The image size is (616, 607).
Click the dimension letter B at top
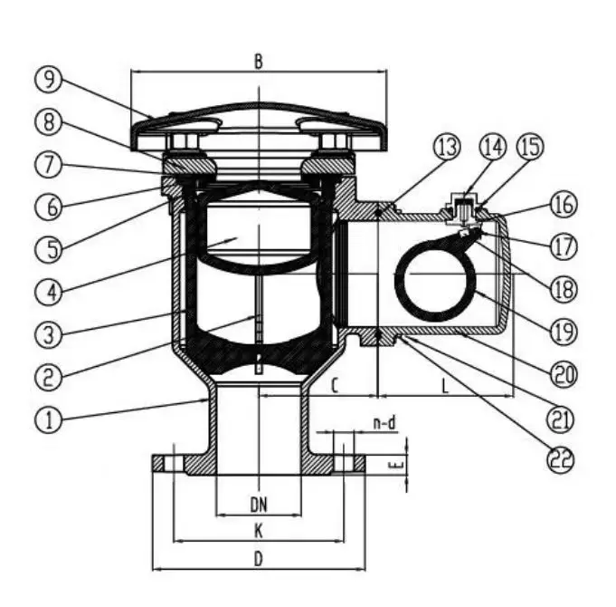[258, 63]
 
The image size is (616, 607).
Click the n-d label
[384, 422]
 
